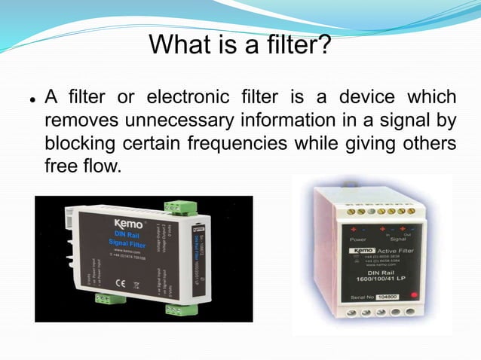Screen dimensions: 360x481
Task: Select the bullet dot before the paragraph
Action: [x=32, y=99]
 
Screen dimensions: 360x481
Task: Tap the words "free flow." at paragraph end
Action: [x=83, y=165]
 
